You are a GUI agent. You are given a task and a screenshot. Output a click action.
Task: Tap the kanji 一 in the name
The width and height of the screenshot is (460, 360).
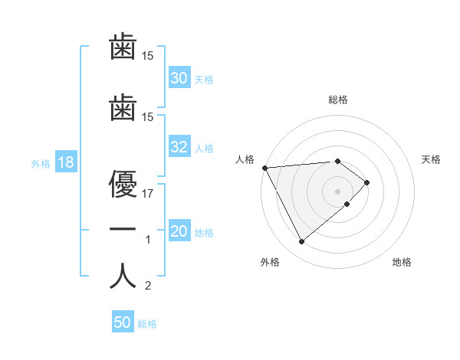point(123,229)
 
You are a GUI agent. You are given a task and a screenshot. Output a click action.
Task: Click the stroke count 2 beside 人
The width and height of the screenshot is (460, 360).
point(148,286)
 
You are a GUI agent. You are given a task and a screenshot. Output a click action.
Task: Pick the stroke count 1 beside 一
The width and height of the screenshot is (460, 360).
point(148,240)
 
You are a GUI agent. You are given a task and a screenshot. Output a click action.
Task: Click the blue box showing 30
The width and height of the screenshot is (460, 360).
point(179,78)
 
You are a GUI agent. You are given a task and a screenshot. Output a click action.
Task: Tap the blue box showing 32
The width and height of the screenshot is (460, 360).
point(179,148)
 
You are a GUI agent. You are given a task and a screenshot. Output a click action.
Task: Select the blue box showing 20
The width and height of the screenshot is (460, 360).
point(179,232)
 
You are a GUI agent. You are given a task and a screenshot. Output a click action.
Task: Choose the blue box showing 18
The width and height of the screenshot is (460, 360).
point(65,163)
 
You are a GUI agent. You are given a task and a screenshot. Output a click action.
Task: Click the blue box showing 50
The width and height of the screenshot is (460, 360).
point(123,323)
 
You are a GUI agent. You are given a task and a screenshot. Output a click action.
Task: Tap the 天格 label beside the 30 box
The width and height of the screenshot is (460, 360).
point(204,79)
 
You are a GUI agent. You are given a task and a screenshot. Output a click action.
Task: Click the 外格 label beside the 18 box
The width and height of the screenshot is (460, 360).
point(41,164)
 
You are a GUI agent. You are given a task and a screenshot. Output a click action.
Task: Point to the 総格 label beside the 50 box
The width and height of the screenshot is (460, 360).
point(147,324)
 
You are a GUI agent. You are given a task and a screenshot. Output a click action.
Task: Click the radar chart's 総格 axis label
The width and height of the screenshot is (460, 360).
point(338,99)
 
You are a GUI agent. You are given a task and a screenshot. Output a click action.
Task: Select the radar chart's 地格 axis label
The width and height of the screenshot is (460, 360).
point(402,262)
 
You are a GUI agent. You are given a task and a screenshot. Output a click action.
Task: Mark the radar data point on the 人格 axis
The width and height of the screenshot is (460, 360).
point(264,167)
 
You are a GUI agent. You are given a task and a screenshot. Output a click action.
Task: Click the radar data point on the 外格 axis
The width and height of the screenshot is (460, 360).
point(301,242)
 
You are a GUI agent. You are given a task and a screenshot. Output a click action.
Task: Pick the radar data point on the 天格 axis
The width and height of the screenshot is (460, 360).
point(367,182)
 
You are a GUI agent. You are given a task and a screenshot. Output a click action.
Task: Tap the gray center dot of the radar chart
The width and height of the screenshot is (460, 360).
point(338,191)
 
